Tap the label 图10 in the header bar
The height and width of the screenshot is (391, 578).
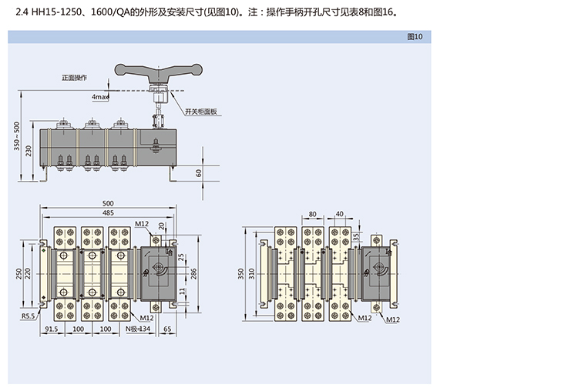pos(414,37)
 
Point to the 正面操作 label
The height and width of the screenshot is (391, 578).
pos(75,78)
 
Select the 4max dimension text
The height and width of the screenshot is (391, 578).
pos(100,98)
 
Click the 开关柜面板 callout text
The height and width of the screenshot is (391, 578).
pos(202,112)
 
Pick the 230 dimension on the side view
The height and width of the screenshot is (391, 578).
pos(29,149)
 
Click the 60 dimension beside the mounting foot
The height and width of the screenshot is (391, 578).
pos(199,173)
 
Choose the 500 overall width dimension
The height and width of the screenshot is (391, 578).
pos(107,203)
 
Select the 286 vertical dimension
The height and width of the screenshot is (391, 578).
pos(193,273)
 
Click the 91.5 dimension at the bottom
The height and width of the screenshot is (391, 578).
pos(52,329)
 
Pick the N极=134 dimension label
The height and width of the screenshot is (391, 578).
pos(136,329)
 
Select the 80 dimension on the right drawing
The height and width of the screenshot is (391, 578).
pos(312,214)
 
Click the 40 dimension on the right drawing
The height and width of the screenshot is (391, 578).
pos(340,214)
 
